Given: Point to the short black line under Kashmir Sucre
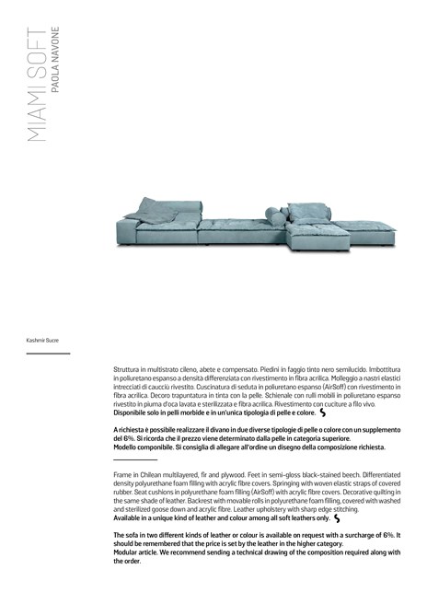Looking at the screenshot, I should [48, 353].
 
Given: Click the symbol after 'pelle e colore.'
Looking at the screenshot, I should [323, 412].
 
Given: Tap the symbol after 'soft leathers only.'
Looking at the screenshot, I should [338, 518].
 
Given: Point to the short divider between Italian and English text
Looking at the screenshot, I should [134, 459].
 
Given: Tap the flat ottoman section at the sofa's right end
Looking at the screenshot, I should [367, 229].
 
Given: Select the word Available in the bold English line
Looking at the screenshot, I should [130, 518].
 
